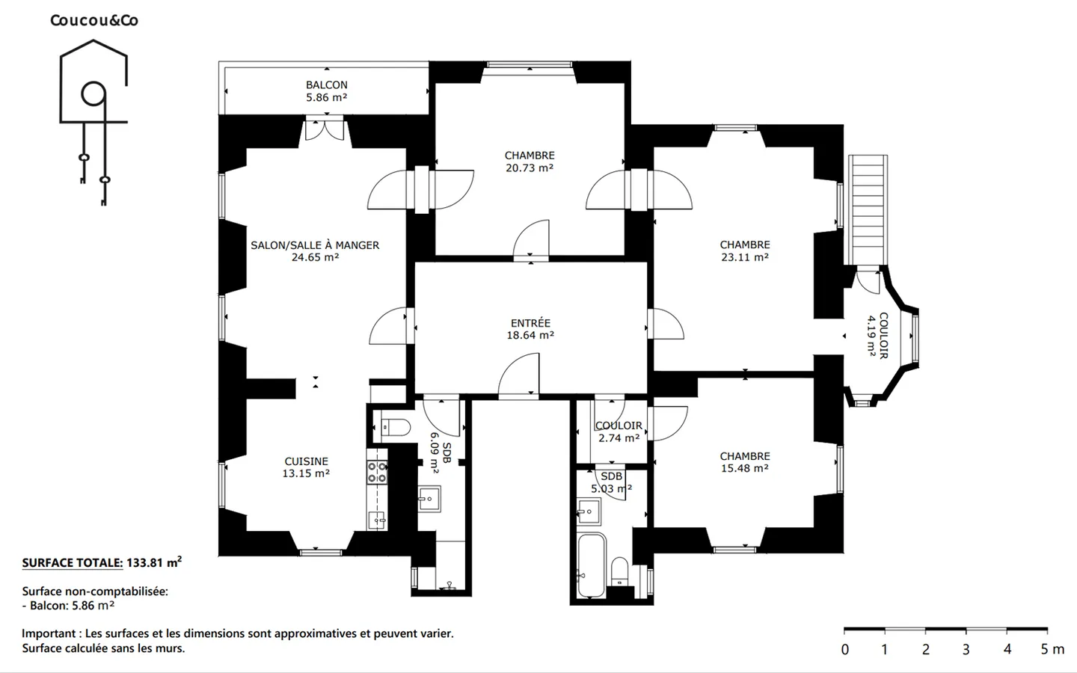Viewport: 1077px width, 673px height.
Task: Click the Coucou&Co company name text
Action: [x=94, y=20]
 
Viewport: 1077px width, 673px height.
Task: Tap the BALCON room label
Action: [x=326, y=85]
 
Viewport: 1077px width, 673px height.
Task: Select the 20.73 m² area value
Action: [x=530, y=168]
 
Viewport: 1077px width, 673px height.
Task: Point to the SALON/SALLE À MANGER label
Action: [x=315, y=245]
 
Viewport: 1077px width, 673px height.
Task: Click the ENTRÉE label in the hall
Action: [x=530, y=323]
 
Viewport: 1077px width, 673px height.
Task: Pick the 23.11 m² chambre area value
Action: [x=745, y=257]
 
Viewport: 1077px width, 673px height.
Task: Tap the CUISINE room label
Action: [x=307, y=461]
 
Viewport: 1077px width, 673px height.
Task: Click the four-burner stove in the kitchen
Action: [x=377, y=472]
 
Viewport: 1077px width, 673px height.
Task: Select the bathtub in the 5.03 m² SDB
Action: [x=591, y=565]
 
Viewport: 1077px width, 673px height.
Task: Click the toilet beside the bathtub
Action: [x=620, y=571]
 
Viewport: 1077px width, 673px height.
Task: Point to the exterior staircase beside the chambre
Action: [x=868, y=209]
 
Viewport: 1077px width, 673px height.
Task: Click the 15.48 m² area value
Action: [x=745, y=468]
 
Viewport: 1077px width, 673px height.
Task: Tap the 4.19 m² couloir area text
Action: [x=871, y=336]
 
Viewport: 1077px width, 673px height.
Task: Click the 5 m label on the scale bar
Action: [x=1052, y=649]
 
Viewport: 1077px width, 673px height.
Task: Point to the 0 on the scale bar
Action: [x=845, y=649]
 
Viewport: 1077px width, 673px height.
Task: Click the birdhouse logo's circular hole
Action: [x=93, y=93]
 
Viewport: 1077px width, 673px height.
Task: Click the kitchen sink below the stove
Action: [x=377, y=520]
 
